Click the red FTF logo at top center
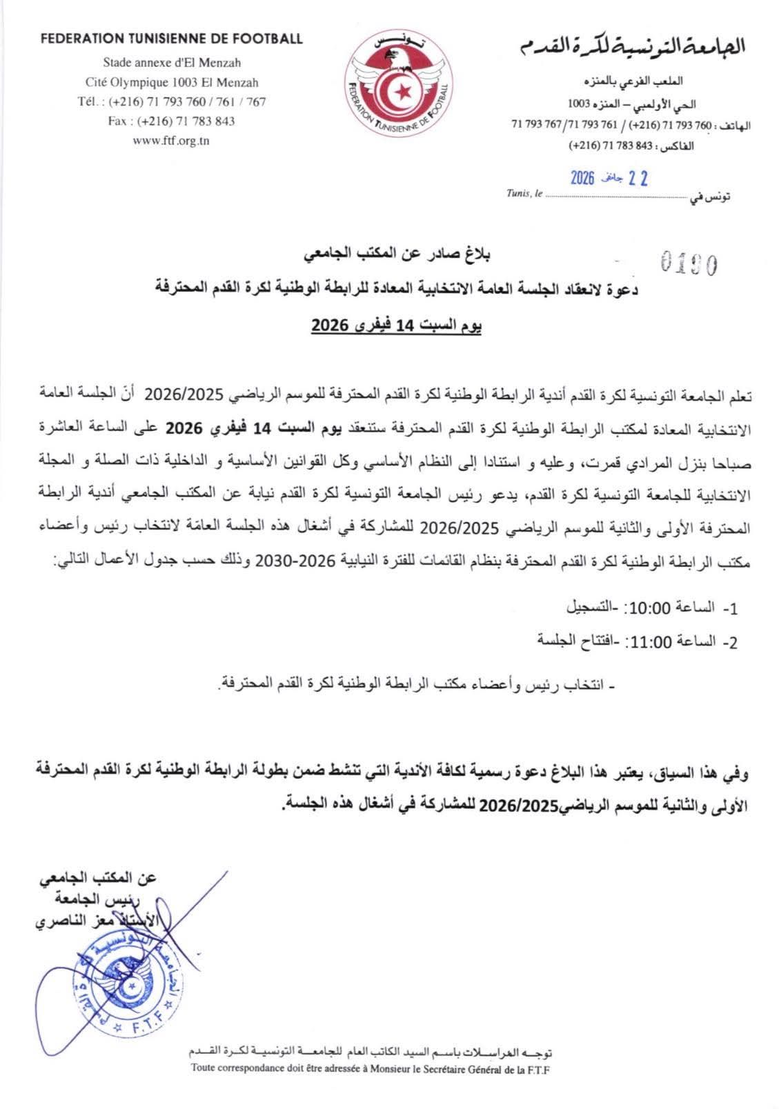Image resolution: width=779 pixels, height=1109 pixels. pos(400,83)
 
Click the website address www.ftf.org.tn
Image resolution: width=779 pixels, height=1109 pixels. pos(171,141)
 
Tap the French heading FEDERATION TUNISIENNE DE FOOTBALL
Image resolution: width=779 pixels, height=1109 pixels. pos(172,39)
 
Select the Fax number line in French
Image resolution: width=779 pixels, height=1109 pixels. pos(172,121)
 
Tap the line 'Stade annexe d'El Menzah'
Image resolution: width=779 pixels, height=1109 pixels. pos(172,63)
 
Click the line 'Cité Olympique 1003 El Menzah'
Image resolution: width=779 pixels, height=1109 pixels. pos(172,82)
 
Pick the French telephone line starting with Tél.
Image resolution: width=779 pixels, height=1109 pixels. pos(172,101)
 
